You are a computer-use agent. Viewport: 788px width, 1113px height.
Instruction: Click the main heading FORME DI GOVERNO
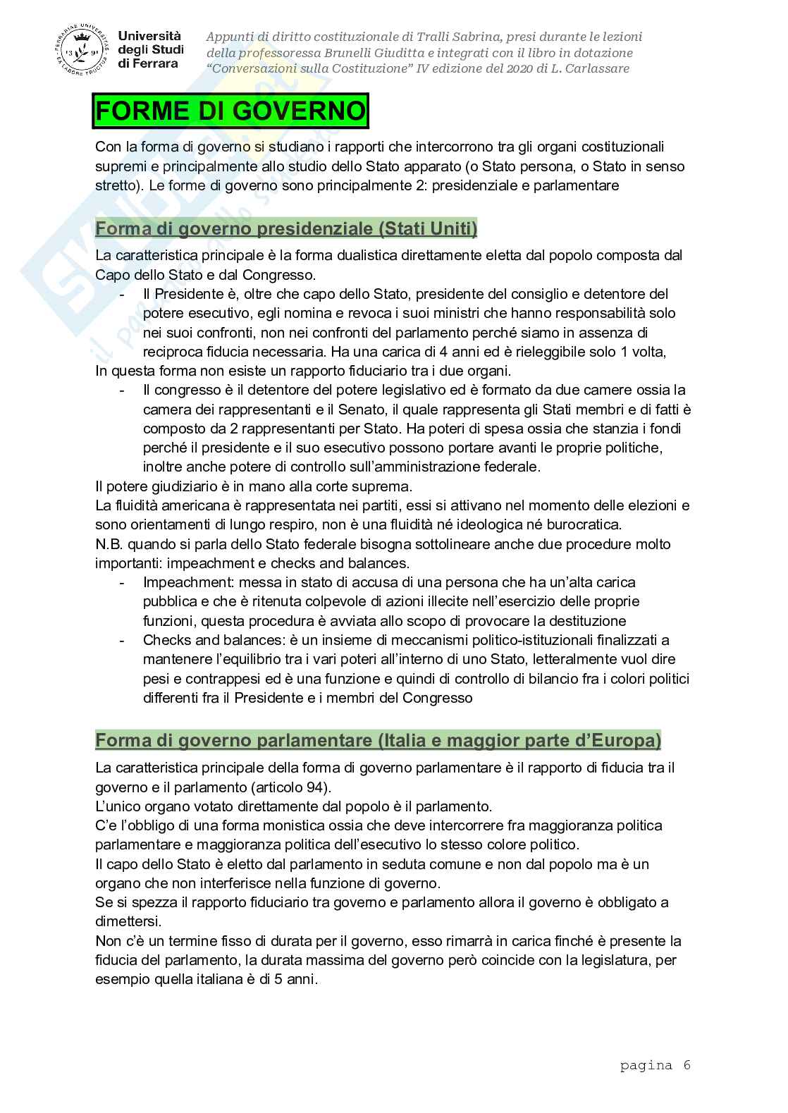(x=230, y=113)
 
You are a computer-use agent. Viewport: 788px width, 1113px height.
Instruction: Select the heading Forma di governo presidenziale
(x=286, y=229)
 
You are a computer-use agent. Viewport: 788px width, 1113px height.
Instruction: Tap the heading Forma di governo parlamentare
(x=378, y=741)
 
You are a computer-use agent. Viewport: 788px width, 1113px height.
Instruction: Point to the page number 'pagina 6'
(x=655, y=1065)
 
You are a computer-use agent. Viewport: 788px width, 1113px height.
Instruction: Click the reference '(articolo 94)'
(x=293, y=787)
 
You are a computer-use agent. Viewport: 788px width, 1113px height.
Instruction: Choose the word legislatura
(x=608, y=960)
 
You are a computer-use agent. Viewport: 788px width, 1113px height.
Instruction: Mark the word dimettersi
(x=124, y=922)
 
